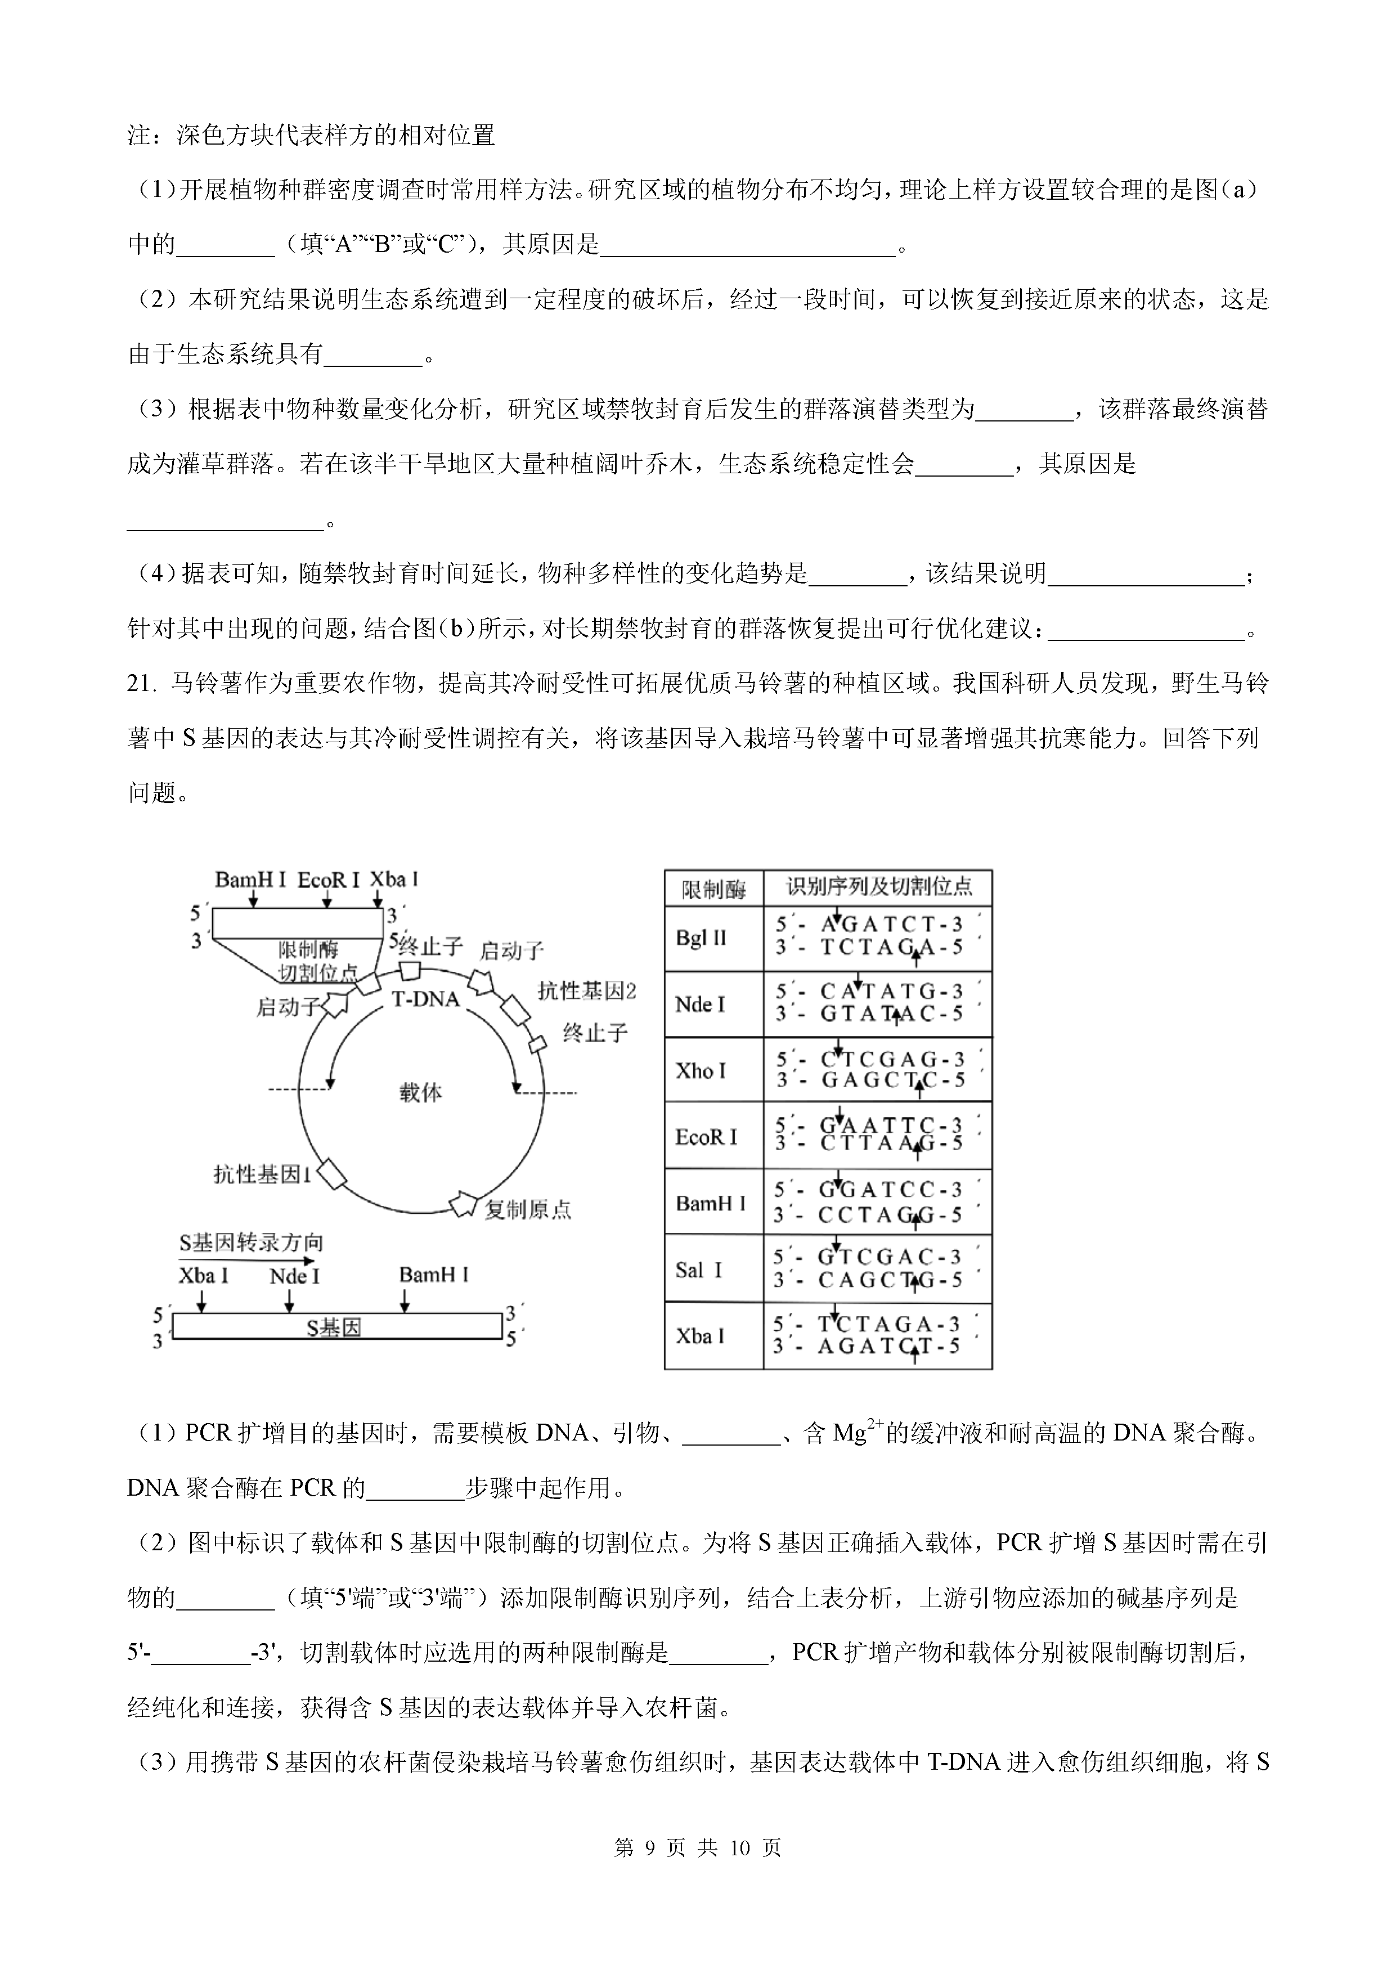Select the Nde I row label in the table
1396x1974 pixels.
700,1004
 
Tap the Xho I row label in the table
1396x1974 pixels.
701,1070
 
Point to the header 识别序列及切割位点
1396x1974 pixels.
878,886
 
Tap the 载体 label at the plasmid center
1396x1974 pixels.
420,1093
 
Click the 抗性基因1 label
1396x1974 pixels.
262,1174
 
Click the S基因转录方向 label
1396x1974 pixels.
251,1242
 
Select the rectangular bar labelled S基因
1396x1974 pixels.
337,1327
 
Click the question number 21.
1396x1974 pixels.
142,684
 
